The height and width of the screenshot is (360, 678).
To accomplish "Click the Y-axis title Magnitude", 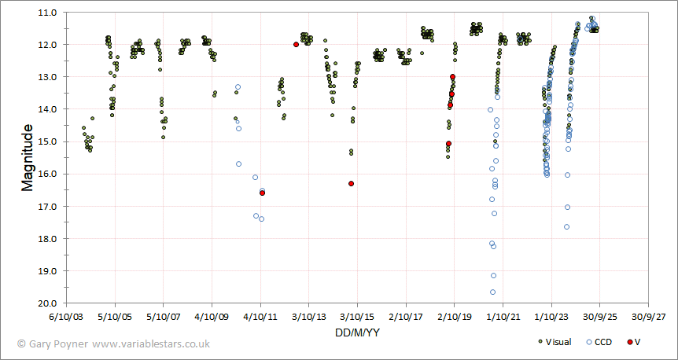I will (x=28, y=157).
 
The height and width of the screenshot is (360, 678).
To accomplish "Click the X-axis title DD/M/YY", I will (x=358, y=333).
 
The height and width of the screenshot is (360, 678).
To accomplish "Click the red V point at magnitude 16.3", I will (x=351, y=183).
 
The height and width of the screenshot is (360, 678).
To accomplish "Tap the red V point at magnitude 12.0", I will (x=296, y=45).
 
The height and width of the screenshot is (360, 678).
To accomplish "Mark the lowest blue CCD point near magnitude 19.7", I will (x=492, y=292).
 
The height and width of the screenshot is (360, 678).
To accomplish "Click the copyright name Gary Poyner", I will (x=57, y=343).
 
